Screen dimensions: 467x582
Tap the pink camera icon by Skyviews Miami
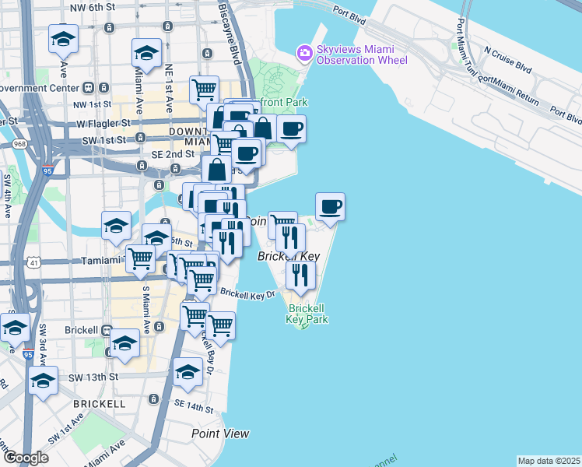(304, 53)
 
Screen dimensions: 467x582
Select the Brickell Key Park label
(307, 314)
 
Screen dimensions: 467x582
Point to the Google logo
(26, 458)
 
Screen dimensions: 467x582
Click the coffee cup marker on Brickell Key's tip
(330, 207)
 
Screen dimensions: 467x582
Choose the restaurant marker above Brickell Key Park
(299, 275)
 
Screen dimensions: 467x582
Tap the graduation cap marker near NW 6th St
(64, 38)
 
